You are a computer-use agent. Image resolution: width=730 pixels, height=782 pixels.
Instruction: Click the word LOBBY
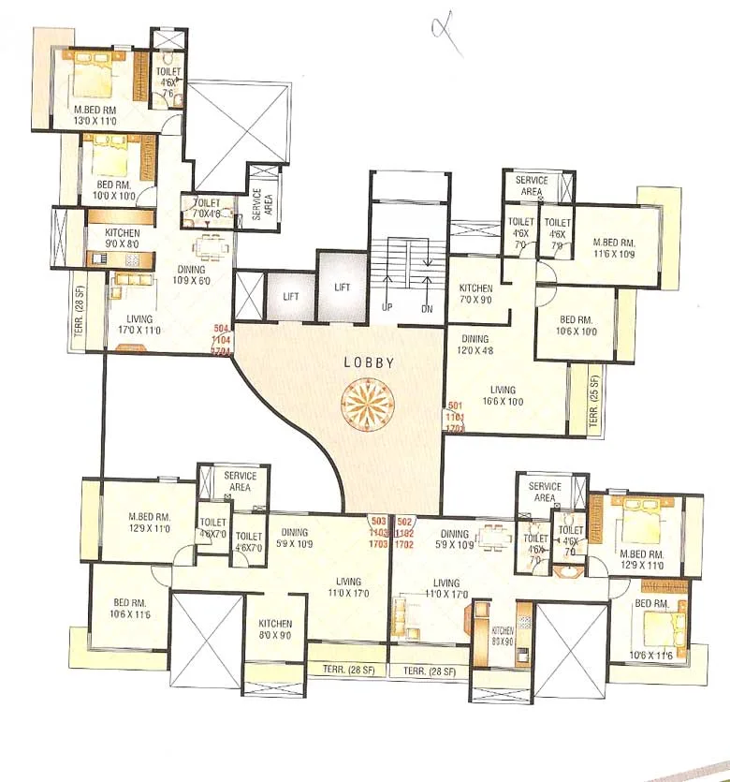pyautogui.click(x=368, y=361)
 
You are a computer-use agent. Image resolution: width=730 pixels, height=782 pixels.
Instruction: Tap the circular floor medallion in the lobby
pyautogui.click(x=368, y=406)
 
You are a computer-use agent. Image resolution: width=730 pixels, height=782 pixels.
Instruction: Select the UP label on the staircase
pyautogui.click(x=386, y=308)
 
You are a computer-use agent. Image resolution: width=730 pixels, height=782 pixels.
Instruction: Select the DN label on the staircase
pyautogui.click(x=427, y=308)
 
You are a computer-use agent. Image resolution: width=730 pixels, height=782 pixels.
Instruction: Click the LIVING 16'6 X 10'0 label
pyautogui.click(x=504, y=394)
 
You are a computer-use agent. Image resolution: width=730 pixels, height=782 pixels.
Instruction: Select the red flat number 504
pyautogui.click(x=222, y=328)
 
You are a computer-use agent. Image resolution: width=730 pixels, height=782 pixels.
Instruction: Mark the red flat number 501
pyautogui.click(x=455, y=405)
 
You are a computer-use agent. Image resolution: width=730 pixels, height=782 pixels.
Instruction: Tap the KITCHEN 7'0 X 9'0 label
pyautogui.click(x=476, y=294)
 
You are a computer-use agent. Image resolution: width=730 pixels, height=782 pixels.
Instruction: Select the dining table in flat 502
pyautogui.click(x=493, y=538)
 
